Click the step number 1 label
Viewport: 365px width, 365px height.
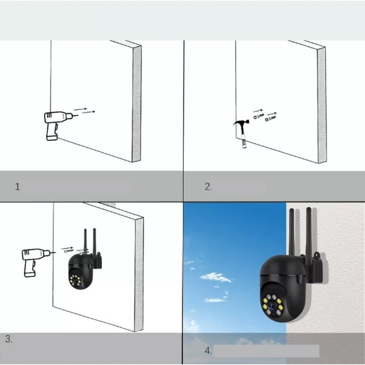pyautogui.click(x=18, y=187)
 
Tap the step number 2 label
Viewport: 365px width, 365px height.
pyautogui.click(x=208, y=187)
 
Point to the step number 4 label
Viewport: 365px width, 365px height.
pyautogui.click(x=208, y=351)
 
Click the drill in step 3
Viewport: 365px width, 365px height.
pyautogui.click(x=34, y=260)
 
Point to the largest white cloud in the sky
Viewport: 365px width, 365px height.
pyautogui.click(x=216, y=277)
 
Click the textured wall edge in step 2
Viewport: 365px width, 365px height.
pyautogui.click(x=322, y=106)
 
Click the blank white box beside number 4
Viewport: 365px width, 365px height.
pyautogui.click(x=266, y=351)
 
